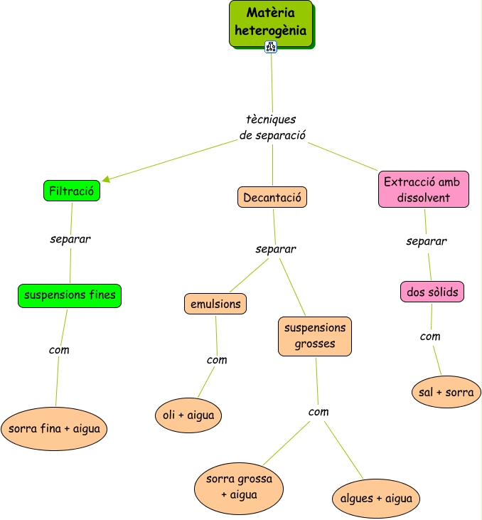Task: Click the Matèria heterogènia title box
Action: [x=271, y=23]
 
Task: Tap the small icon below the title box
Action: [x=271, y=47]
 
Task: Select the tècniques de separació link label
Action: [x=272, y=127]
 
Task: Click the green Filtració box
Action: [x=71, y=191]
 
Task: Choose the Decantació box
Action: [x=273, y=197]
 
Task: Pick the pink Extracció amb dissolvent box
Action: [x=424, y=189]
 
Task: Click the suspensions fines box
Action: [x=70, y=295]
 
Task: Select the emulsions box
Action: [x=215, y=304]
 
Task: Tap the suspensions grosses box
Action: [x=315, y=336]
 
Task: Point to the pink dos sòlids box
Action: [x=432, y=291]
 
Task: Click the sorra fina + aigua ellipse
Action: [x=54, y=429]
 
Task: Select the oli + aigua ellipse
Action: [x=188, y=415]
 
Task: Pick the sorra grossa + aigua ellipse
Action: [x=239, y=487]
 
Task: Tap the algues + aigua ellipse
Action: [x=375, y=499]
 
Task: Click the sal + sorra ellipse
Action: [x=446, y=392]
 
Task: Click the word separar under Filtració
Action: [x=70, y=239]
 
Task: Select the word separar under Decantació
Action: [x=276, y=249]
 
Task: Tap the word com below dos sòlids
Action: [x=430, y=336]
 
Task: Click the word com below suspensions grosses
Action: [x=318, y=412]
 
